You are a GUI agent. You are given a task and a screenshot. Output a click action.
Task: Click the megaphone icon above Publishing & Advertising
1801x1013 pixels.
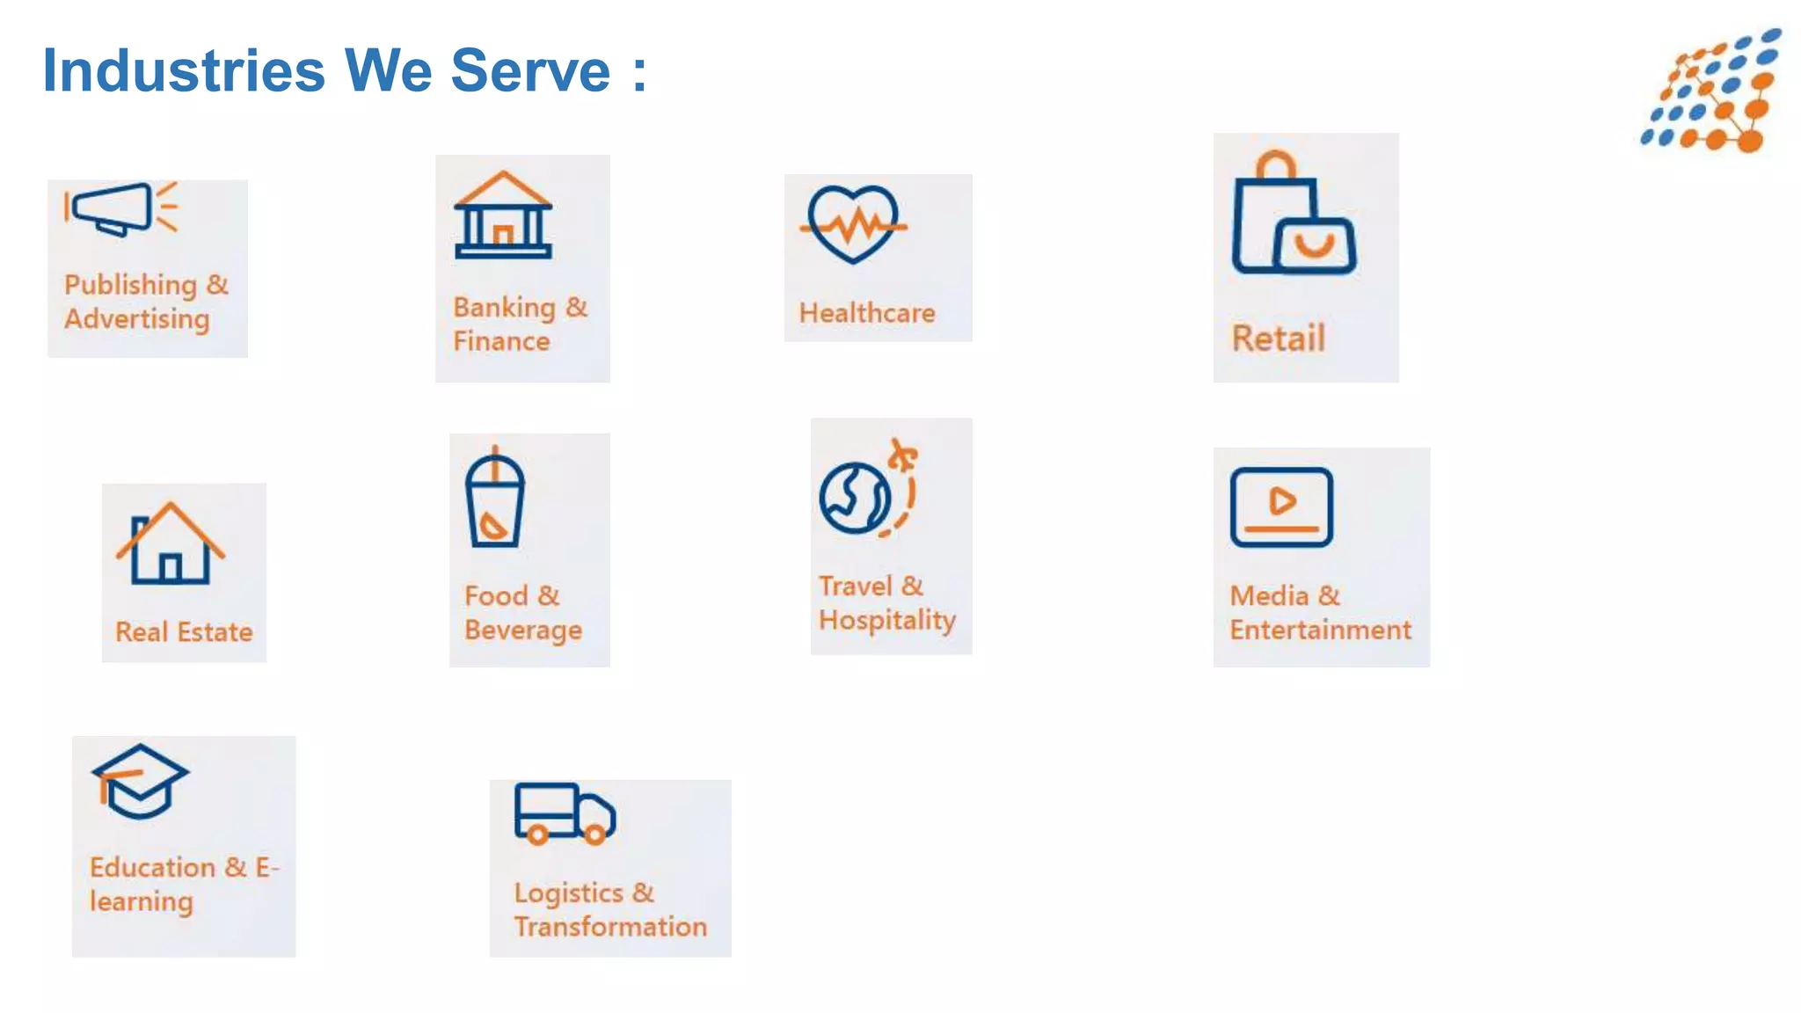coord(120,208)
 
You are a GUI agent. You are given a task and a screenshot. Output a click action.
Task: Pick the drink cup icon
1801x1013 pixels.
coord(495,499)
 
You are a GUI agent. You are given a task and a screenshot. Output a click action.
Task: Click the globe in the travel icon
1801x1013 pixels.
coord(854,499)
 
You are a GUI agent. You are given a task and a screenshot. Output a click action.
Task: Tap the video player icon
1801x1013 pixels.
coord(1281,506)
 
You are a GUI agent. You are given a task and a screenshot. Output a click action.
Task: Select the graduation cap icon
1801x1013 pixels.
coord(140,781)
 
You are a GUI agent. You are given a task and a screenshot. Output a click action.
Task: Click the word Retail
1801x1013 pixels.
coord(1278,339)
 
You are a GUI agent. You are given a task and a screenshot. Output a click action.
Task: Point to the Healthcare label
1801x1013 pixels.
coord(867,313)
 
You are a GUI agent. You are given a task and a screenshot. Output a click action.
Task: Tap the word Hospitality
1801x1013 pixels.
coord(887,620)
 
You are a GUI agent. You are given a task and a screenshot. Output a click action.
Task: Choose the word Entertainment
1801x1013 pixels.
coord(1320,630)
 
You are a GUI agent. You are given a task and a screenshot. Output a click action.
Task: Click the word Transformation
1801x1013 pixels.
coord(610,927)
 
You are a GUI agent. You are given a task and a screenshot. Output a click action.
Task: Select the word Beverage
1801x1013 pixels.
coord(523,630)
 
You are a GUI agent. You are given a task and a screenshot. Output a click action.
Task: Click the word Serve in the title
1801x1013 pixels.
coord(530,70)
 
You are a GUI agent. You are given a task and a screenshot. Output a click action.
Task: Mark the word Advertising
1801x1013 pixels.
coord(137,319)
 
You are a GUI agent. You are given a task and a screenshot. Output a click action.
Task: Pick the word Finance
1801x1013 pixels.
coord(501,341)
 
